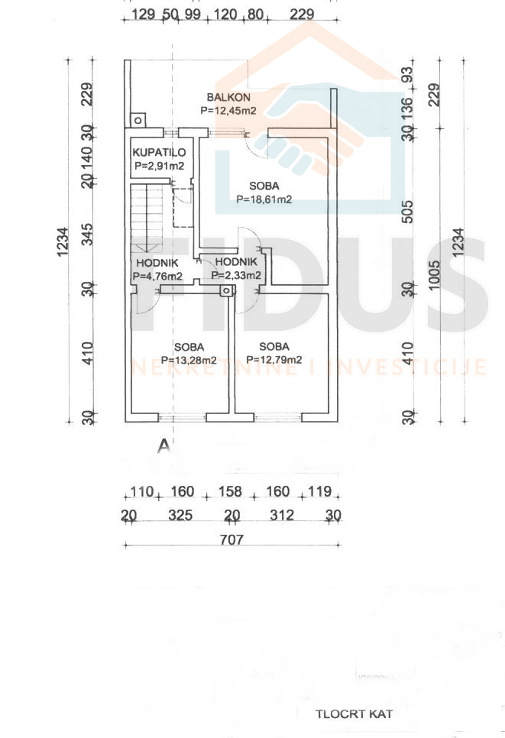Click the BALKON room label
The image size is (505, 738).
tap(228, 97)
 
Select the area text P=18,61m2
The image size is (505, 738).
tap(264, 199)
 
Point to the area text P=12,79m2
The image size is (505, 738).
tap(274, 360)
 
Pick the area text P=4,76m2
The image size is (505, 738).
tap(157, 276)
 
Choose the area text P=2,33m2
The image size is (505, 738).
tap(238, 276)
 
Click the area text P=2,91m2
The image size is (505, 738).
tap(160, 165)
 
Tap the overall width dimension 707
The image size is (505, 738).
tap(231, 539)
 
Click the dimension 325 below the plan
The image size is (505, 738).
tap(180, 516)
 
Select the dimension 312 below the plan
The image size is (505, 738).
tap(282, 516)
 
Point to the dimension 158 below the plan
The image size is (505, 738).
tap(229, 492)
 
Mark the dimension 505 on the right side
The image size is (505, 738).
tap(407, 209)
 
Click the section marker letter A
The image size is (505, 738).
tap(162, 446)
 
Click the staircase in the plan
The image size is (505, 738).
tap(146, 218)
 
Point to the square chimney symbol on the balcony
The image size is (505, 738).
tap(138, 119)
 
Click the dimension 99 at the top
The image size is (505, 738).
tap(192, 15)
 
